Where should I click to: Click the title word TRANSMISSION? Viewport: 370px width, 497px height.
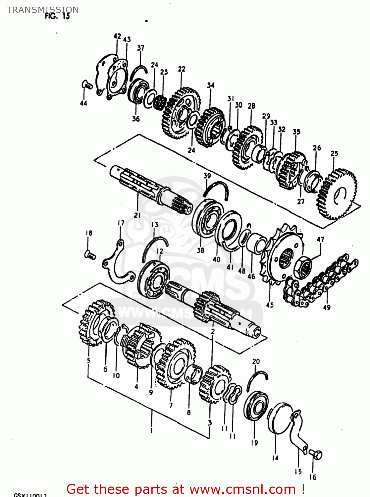tap(43, 10)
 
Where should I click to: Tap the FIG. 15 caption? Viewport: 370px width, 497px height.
tap(57, 16)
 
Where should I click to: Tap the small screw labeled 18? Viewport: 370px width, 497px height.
tap(90, 255)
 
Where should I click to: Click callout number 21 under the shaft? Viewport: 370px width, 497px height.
tap(137, 215)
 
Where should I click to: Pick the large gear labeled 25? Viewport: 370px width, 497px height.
tap(336, 194)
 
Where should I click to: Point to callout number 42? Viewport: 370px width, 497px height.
tap(117, 36)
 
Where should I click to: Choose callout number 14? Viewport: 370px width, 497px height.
tap(275, 458)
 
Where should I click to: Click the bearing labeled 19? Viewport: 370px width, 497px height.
tap(256, 406)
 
